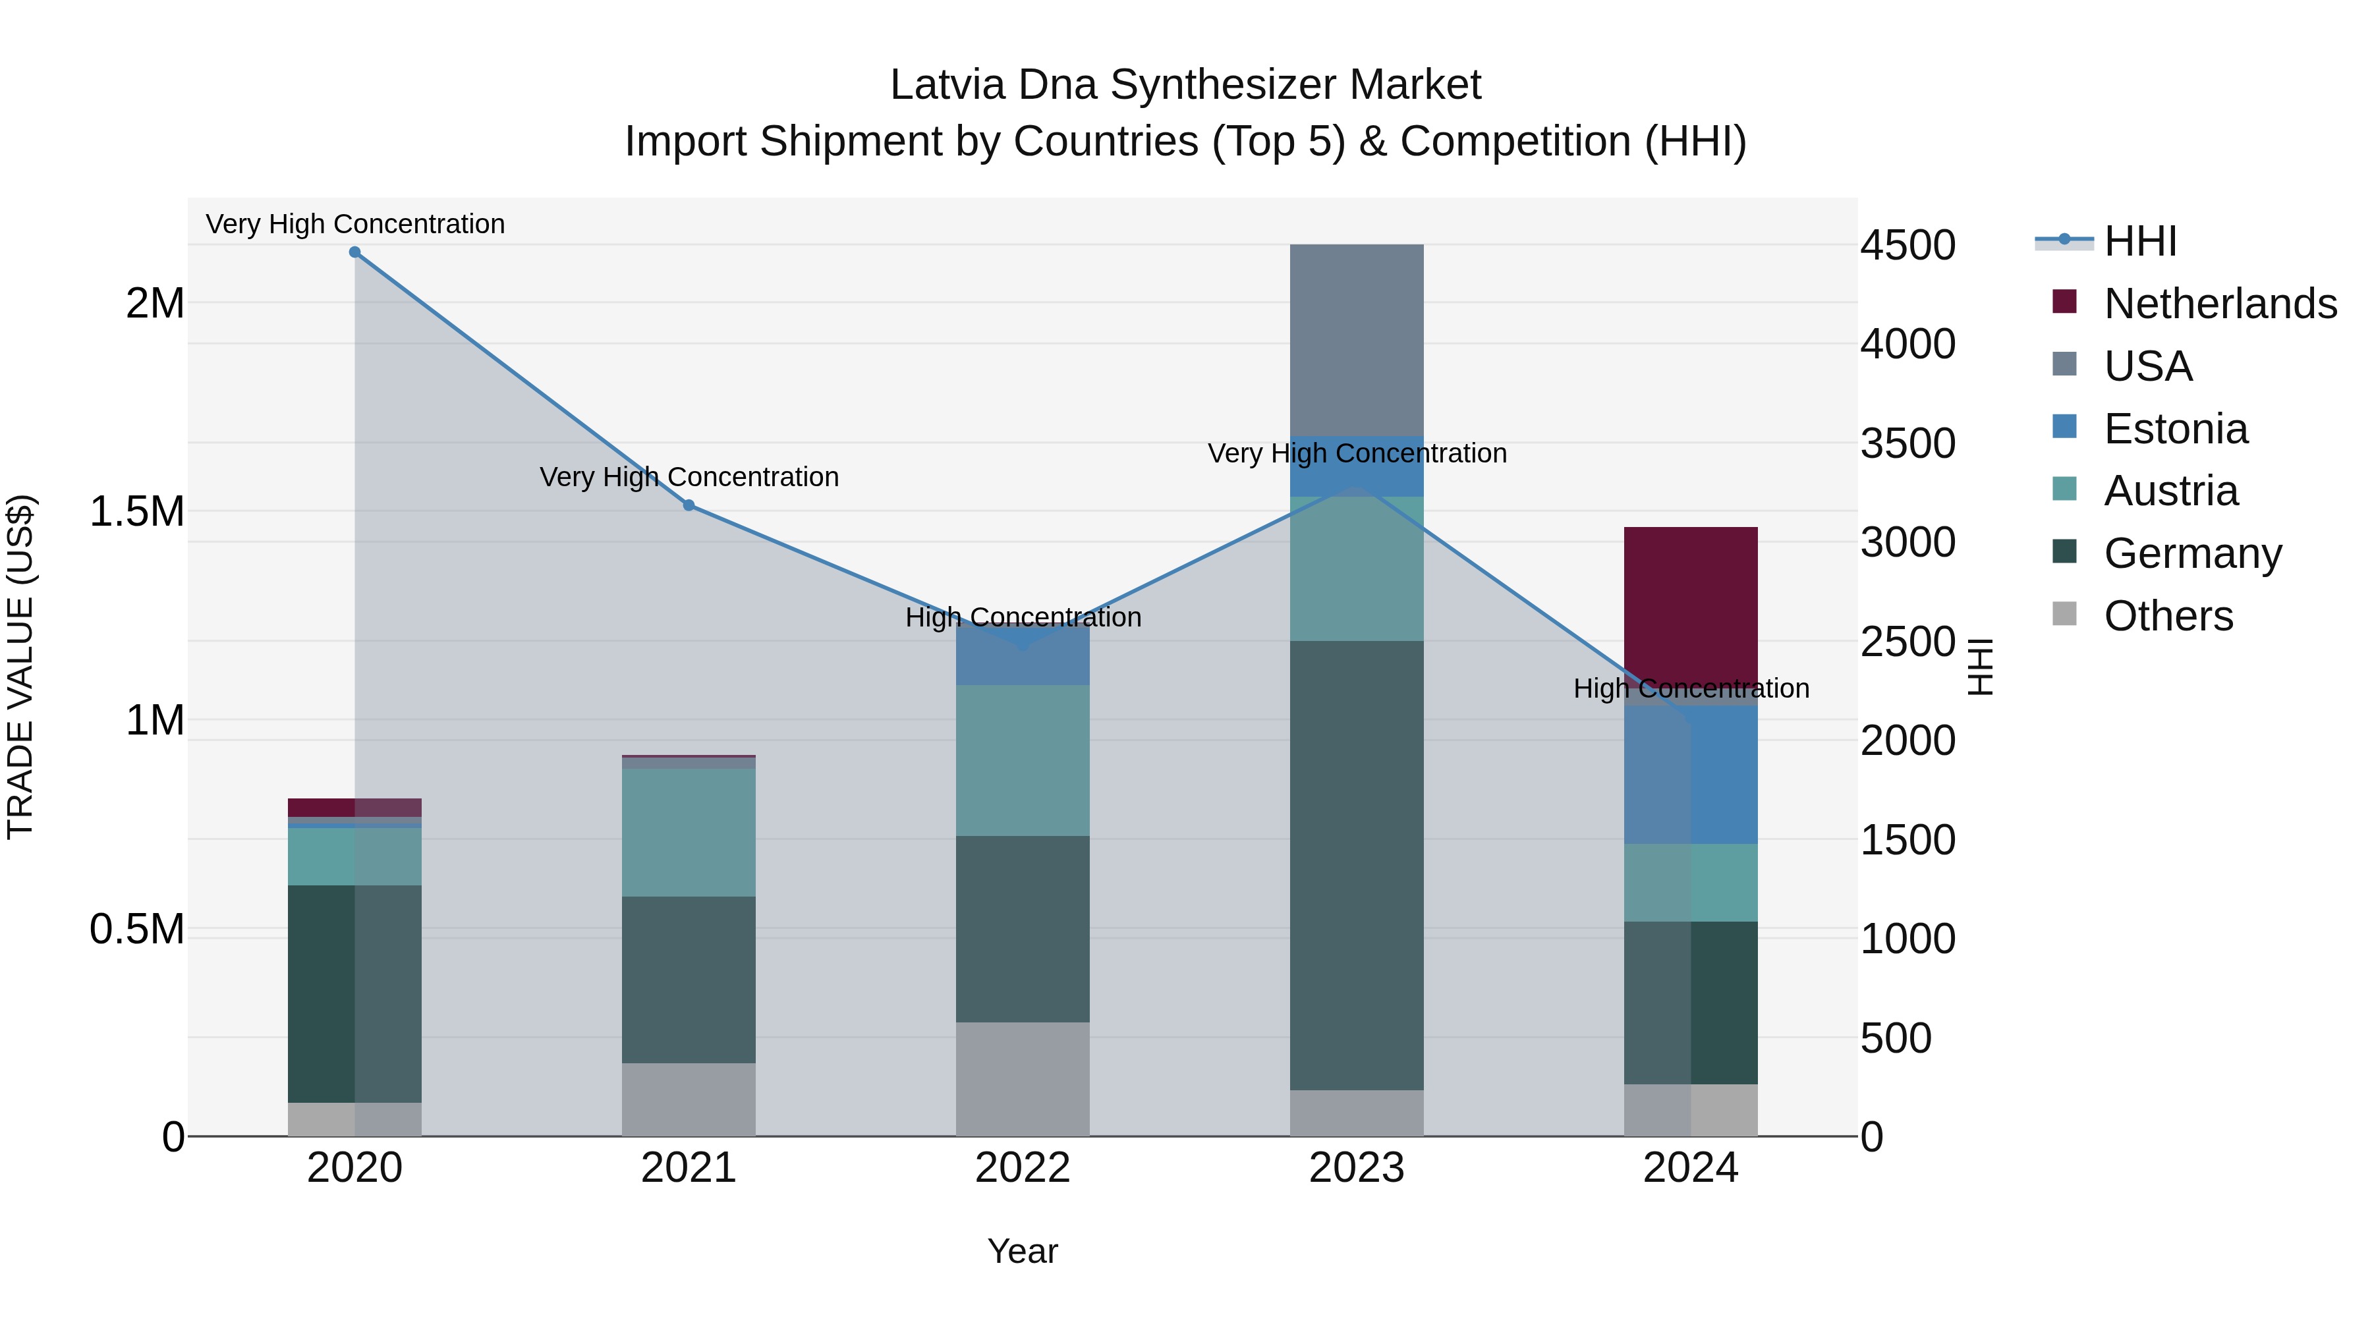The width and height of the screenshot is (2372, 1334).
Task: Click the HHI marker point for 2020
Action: (x=354, y=252)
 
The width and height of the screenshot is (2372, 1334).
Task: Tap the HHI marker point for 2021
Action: (x=689, y=505)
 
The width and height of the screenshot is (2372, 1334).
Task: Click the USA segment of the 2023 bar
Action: (x=1357, y=340)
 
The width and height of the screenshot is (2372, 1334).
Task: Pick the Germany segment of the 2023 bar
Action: (x=1357, y=866)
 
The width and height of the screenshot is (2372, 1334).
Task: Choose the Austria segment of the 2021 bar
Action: (x=689, y=832)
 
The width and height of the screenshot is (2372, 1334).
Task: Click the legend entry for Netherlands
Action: (x=2219, y=304)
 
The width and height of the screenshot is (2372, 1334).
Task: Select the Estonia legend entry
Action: (x=2175, y=429)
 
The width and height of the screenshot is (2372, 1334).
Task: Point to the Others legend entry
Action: (x=2168, y=616)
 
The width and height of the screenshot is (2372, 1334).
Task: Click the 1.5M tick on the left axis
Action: (x=136, y=512)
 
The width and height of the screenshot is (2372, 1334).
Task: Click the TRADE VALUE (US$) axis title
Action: (x=20, y=667)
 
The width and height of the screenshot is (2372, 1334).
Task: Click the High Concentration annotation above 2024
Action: (x=1691, y=688)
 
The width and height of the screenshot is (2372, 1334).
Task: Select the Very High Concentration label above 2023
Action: (x=1357, y=454)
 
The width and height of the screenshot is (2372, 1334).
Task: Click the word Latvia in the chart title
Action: (x=947, y=85)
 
